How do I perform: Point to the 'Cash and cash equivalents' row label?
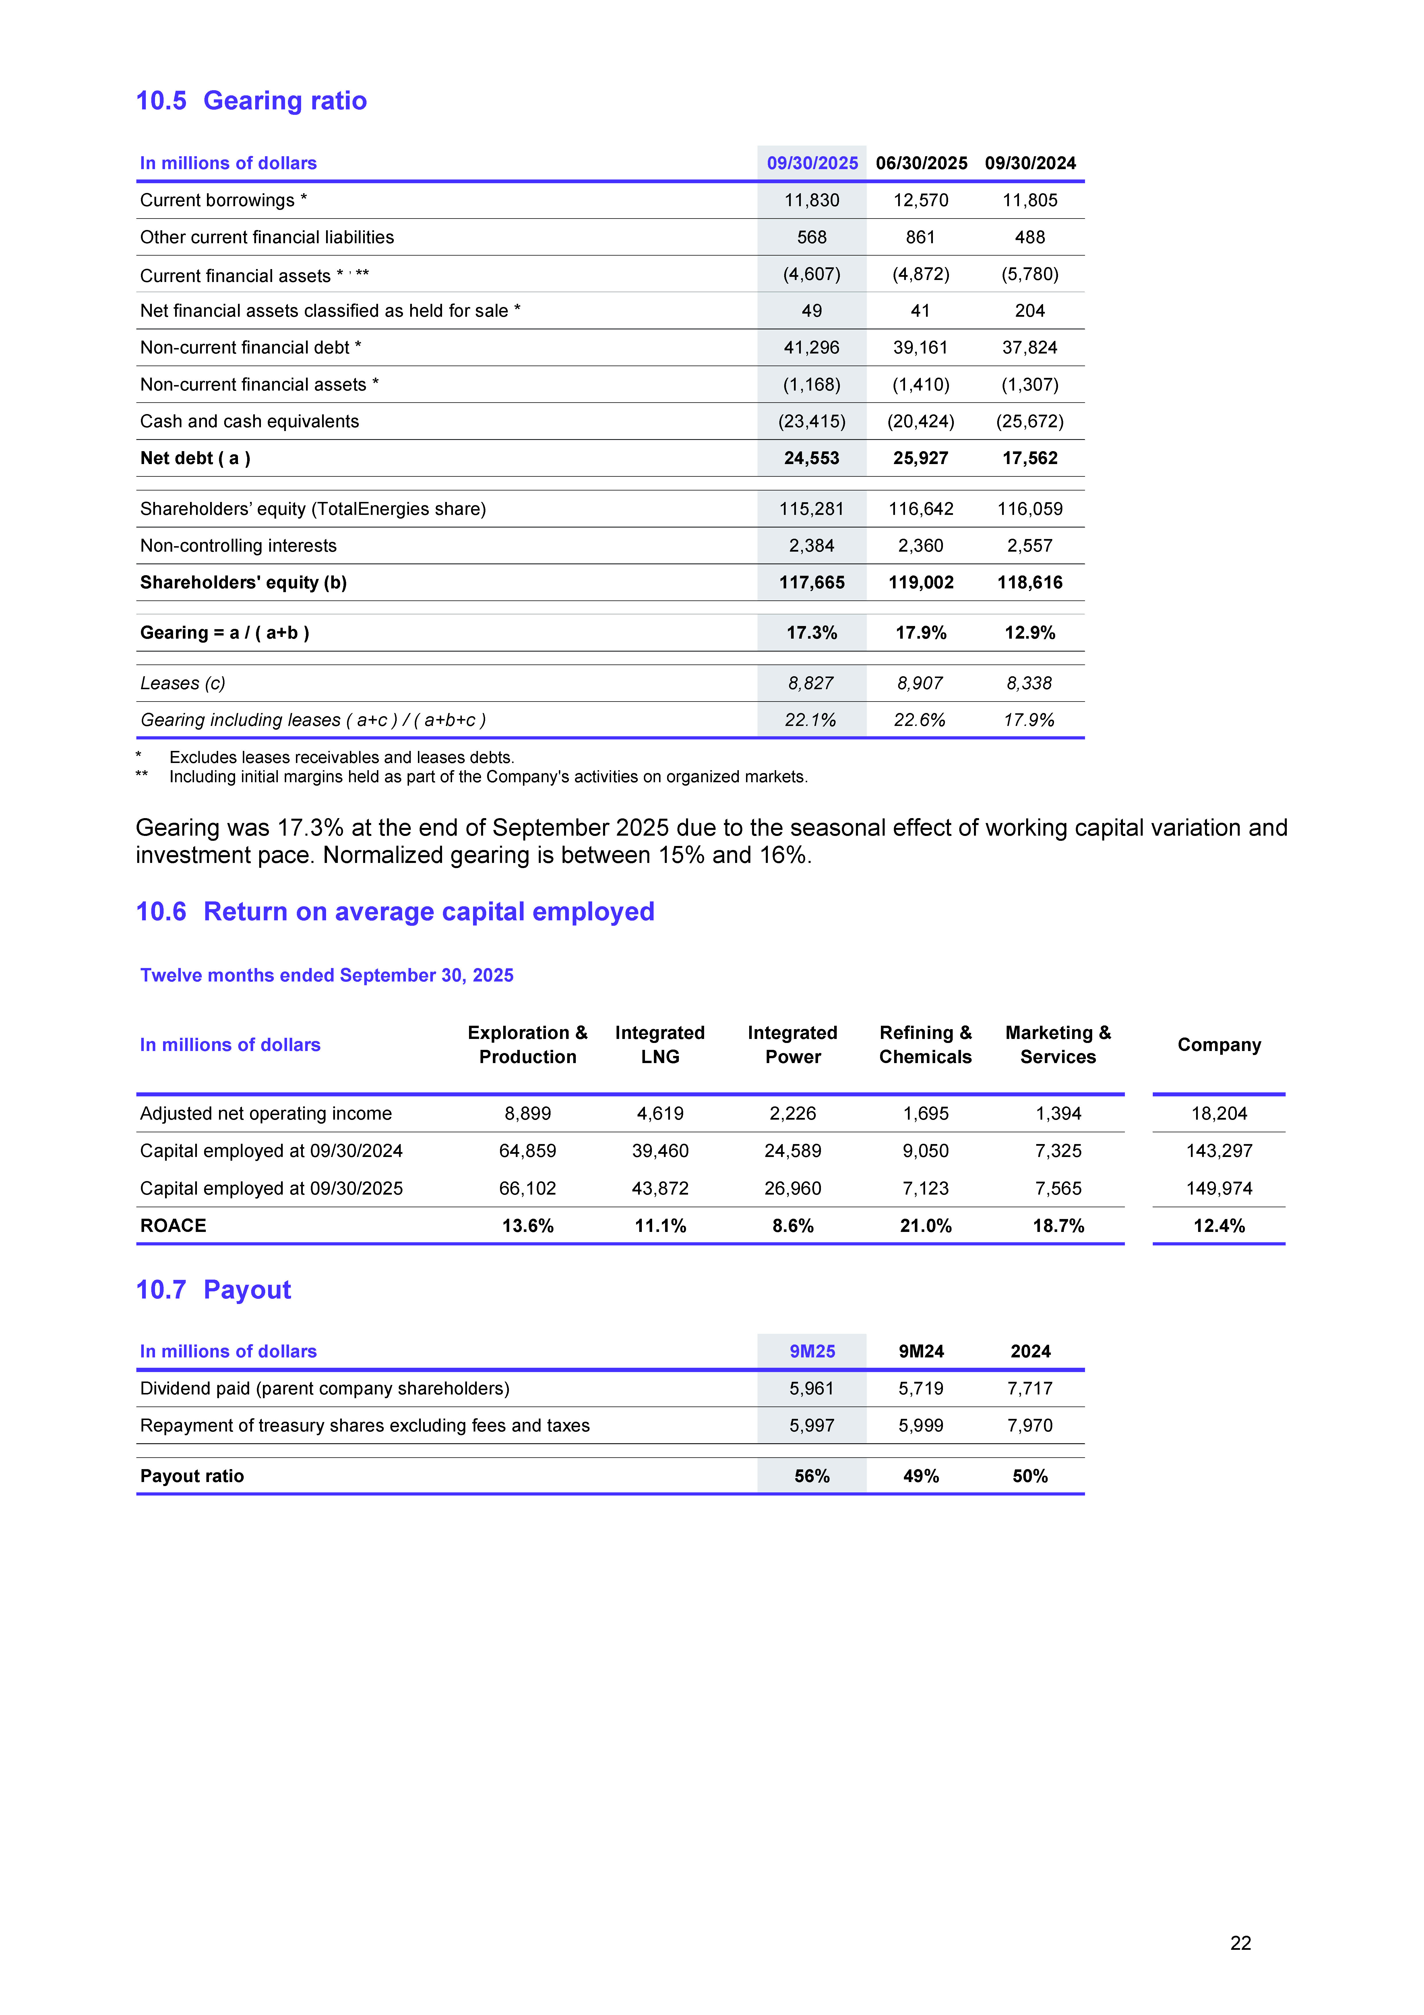click(249, 421)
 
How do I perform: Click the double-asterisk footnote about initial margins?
click(488, 777)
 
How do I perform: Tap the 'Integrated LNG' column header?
click(660, 1044)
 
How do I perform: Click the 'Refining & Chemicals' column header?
click(926, 1044)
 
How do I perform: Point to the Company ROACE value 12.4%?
click(1219, 1226)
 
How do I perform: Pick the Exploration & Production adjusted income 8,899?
click(527, 1114)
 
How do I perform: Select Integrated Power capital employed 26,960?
click(792, 1188)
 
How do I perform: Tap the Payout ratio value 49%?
click(920, 1476)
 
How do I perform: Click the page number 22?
click(1240, 1943)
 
